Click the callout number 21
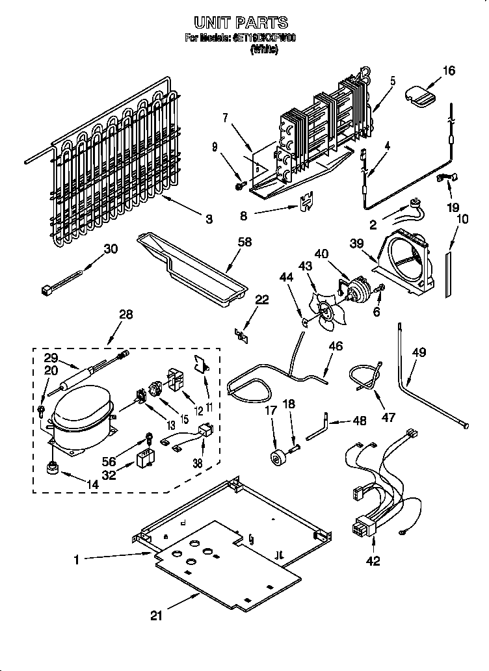(157, 616)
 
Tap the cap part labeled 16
(421, 95)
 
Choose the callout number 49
(419, 353)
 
